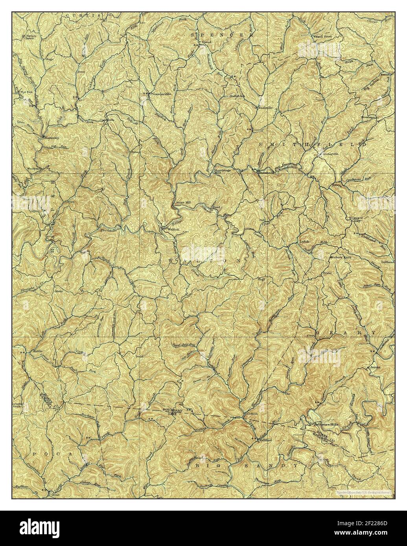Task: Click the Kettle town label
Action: point(37,350)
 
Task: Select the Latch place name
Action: point(305,242)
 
